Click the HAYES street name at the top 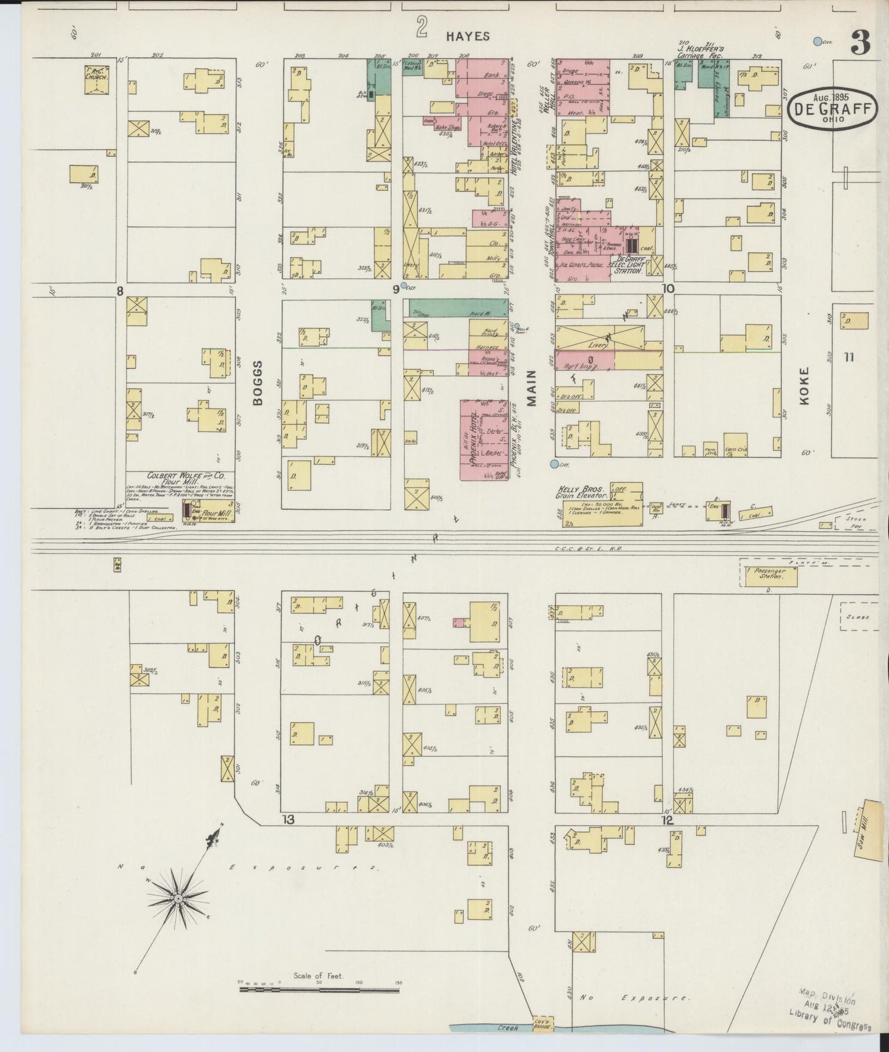pos(468,36)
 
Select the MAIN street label pos(531,388)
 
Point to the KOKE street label pos(805,386)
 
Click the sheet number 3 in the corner pos(860,41)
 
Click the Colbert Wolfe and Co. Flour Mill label pos(186,479)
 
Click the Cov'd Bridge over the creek pos(543,1024)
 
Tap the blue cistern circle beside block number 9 pos(404,285)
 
